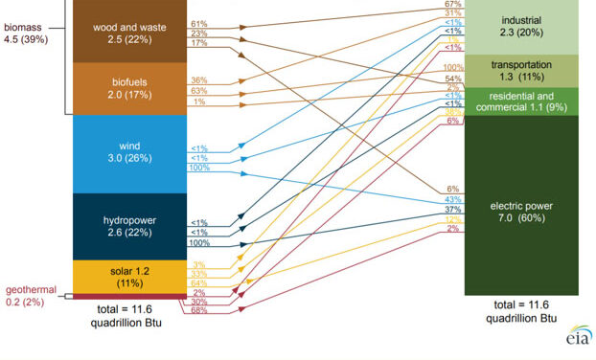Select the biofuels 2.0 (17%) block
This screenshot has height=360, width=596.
[126, 88]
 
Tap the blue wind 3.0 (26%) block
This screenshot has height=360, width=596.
[126, 153]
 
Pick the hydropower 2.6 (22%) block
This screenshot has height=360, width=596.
[126, 225]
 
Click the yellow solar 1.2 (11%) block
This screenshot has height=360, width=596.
[126, 277]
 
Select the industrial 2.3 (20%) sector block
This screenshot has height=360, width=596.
[518, 27]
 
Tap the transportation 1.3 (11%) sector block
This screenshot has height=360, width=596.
[518, 70]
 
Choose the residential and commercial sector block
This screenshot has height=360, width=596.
[518, 101]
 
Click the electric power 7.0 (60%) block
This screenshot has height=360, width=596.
[518, 206]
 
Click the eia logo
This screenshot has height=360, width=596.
[578, 338]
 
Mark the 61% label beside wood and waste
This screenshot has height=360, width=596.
[199, 23]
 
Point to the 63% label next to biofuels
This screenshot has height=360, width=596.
[199, 91]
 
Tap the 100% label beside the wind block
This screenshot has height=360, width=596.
[199, 169]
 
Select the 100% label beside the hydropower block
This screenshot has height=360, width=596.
[199, 243]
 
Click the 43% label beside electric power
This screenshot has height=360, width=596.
[453, 199]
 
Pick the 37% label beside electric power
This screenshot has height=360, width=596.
[453, 210]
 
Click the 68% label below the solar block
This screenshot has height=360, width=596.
[199, 310]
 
